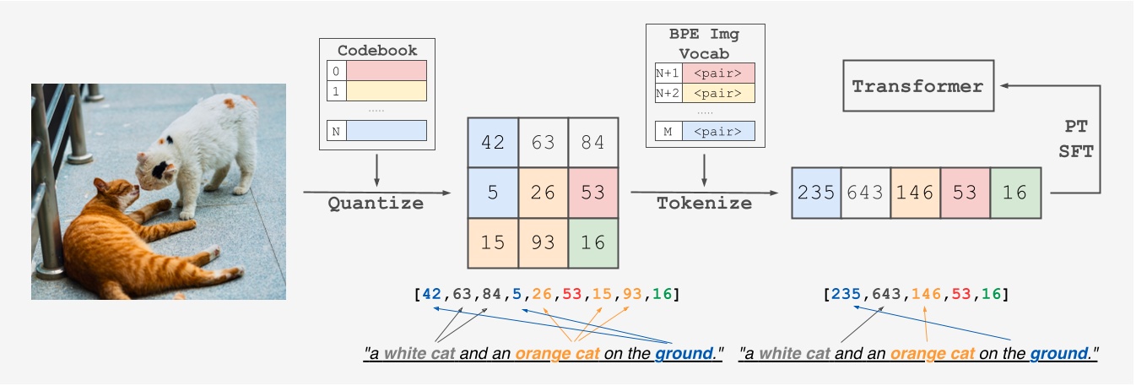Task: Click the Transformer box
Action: tap(917, 87)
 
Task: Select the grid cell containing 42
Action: tap(492, 143)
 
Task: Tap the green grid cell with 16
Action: tap(593, 242)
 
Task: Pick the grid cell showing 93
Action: tap(543, 242)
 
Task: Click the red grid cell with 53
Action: tap(593, 193)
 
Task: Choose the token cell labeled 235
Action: tap(816, 193)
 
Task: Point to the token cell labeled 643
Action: tap(866, 193)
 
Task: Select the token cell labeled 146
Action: tap(916, 193)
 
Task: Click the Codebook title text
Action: tap(376, 51)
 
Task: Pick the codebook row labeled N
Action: tap(376, 130)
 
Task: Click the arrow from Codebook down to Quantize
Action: tap(376, 169)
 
